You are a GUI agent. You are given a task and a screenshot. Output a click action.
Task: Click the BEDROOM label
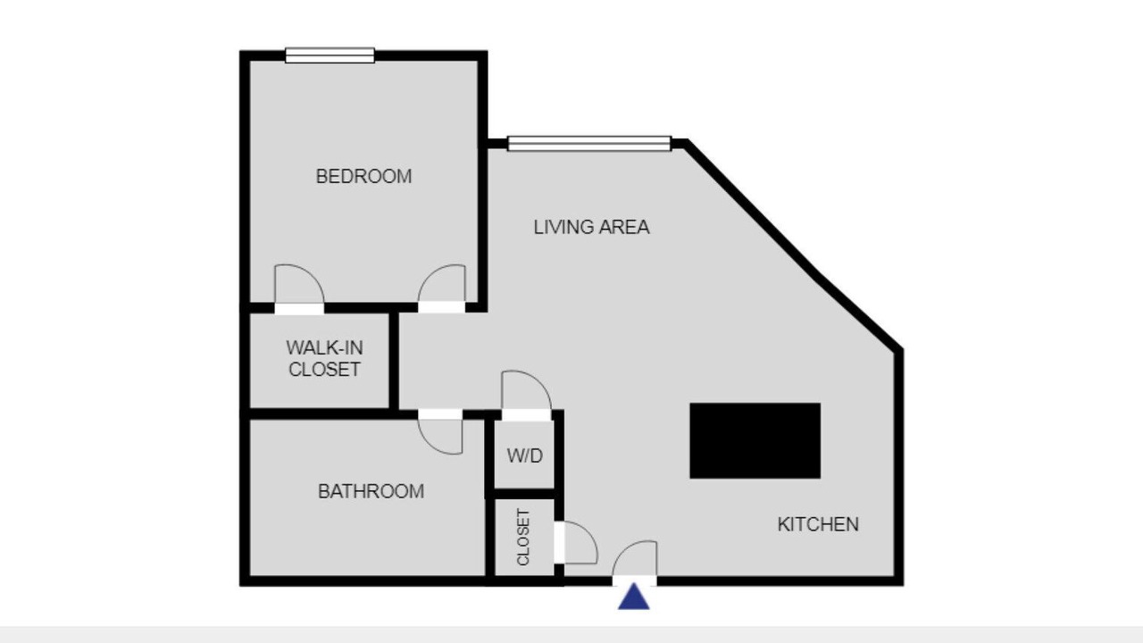tap(363, 177)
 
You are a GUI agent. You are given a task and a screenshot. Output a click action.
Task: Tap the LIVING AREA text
tap(591, 227)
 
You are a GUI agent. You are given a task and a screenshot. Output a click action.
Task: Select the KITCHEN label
tap(818, 524)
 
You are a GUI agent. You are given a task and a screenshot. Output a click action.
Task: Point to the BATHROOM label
tap(371, 491)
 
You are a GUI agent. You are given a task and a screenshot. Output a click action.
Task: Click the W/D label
tap(524, 455)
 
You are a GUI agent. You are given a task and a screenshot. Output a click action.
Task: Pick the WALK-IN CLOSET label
tap(324, 358)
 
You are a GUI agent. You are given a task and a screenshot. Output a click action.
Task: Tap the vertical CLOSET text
tap(523, 538)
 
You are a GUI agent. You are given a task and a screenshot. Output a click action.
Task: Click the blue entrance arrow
tap(634, 597)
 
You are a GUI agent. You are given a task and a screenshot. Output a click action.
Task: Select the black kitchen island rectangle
tap(755, 441)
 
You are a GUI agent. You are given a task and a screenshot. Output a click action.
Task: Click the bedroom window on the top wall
tap(330, 55)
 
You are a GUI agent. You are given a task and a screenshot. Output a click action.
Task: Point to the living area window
tap(589, 144)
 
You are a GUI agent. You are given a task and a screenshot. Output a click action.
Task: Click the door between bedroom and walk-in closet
tap(299, 288)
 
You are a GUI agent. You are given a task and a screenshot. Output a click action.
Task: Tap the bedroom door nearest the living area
tap(442, 288)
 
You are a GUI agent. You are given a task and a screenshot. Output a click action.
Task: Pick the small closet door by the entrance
tap(576, 542)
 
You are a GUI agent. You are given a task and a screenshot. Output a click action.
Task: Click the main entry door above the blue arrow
tap(635, 563)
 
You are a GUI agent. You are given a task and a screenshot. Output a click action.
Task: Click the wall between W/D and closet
tap(524, 494)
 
